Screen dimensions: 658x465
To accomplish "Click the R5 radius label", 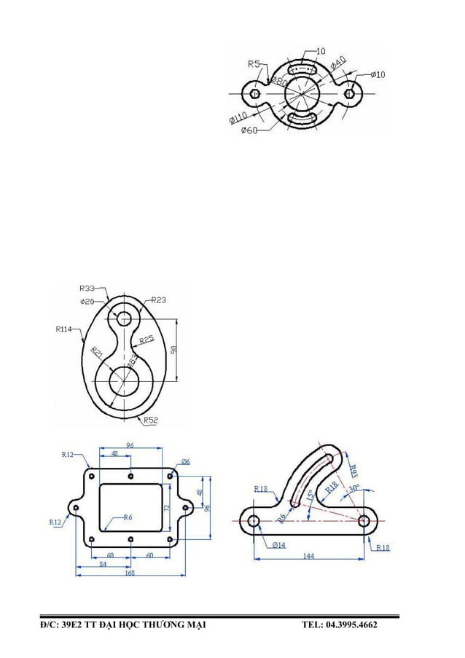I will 254,64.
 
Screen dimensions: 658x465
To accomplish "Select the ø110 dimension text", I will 238,117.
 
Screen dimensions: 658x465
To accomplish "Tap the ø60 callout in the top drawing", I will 250,130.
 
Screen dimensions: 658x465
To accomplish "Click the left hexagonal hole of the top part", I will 254,93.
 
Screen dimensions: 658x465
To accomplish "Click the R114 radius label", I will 64,329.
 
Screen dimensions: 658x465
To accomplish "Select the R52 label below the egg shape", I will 151,420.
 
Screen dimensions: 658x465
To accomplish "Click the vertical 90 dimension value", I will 173,350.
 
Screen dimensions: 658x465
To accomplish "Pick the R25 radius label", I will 146,340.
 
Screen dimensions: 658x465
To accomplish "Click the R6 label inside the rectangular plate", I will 127,517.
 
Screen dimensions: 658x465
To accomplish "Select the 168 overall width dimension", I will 130,573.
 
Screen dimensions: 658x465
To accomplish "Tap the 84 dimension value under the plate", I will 103,563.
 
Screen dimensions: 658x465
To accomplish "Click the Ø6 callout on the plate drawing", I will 186,462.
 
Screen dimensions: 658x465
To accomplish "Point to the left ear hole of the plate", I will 76,507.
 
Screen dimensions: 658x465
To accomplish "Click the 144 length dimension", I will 308,556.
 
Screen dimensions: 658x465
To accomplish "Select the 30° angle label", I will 354,488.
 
